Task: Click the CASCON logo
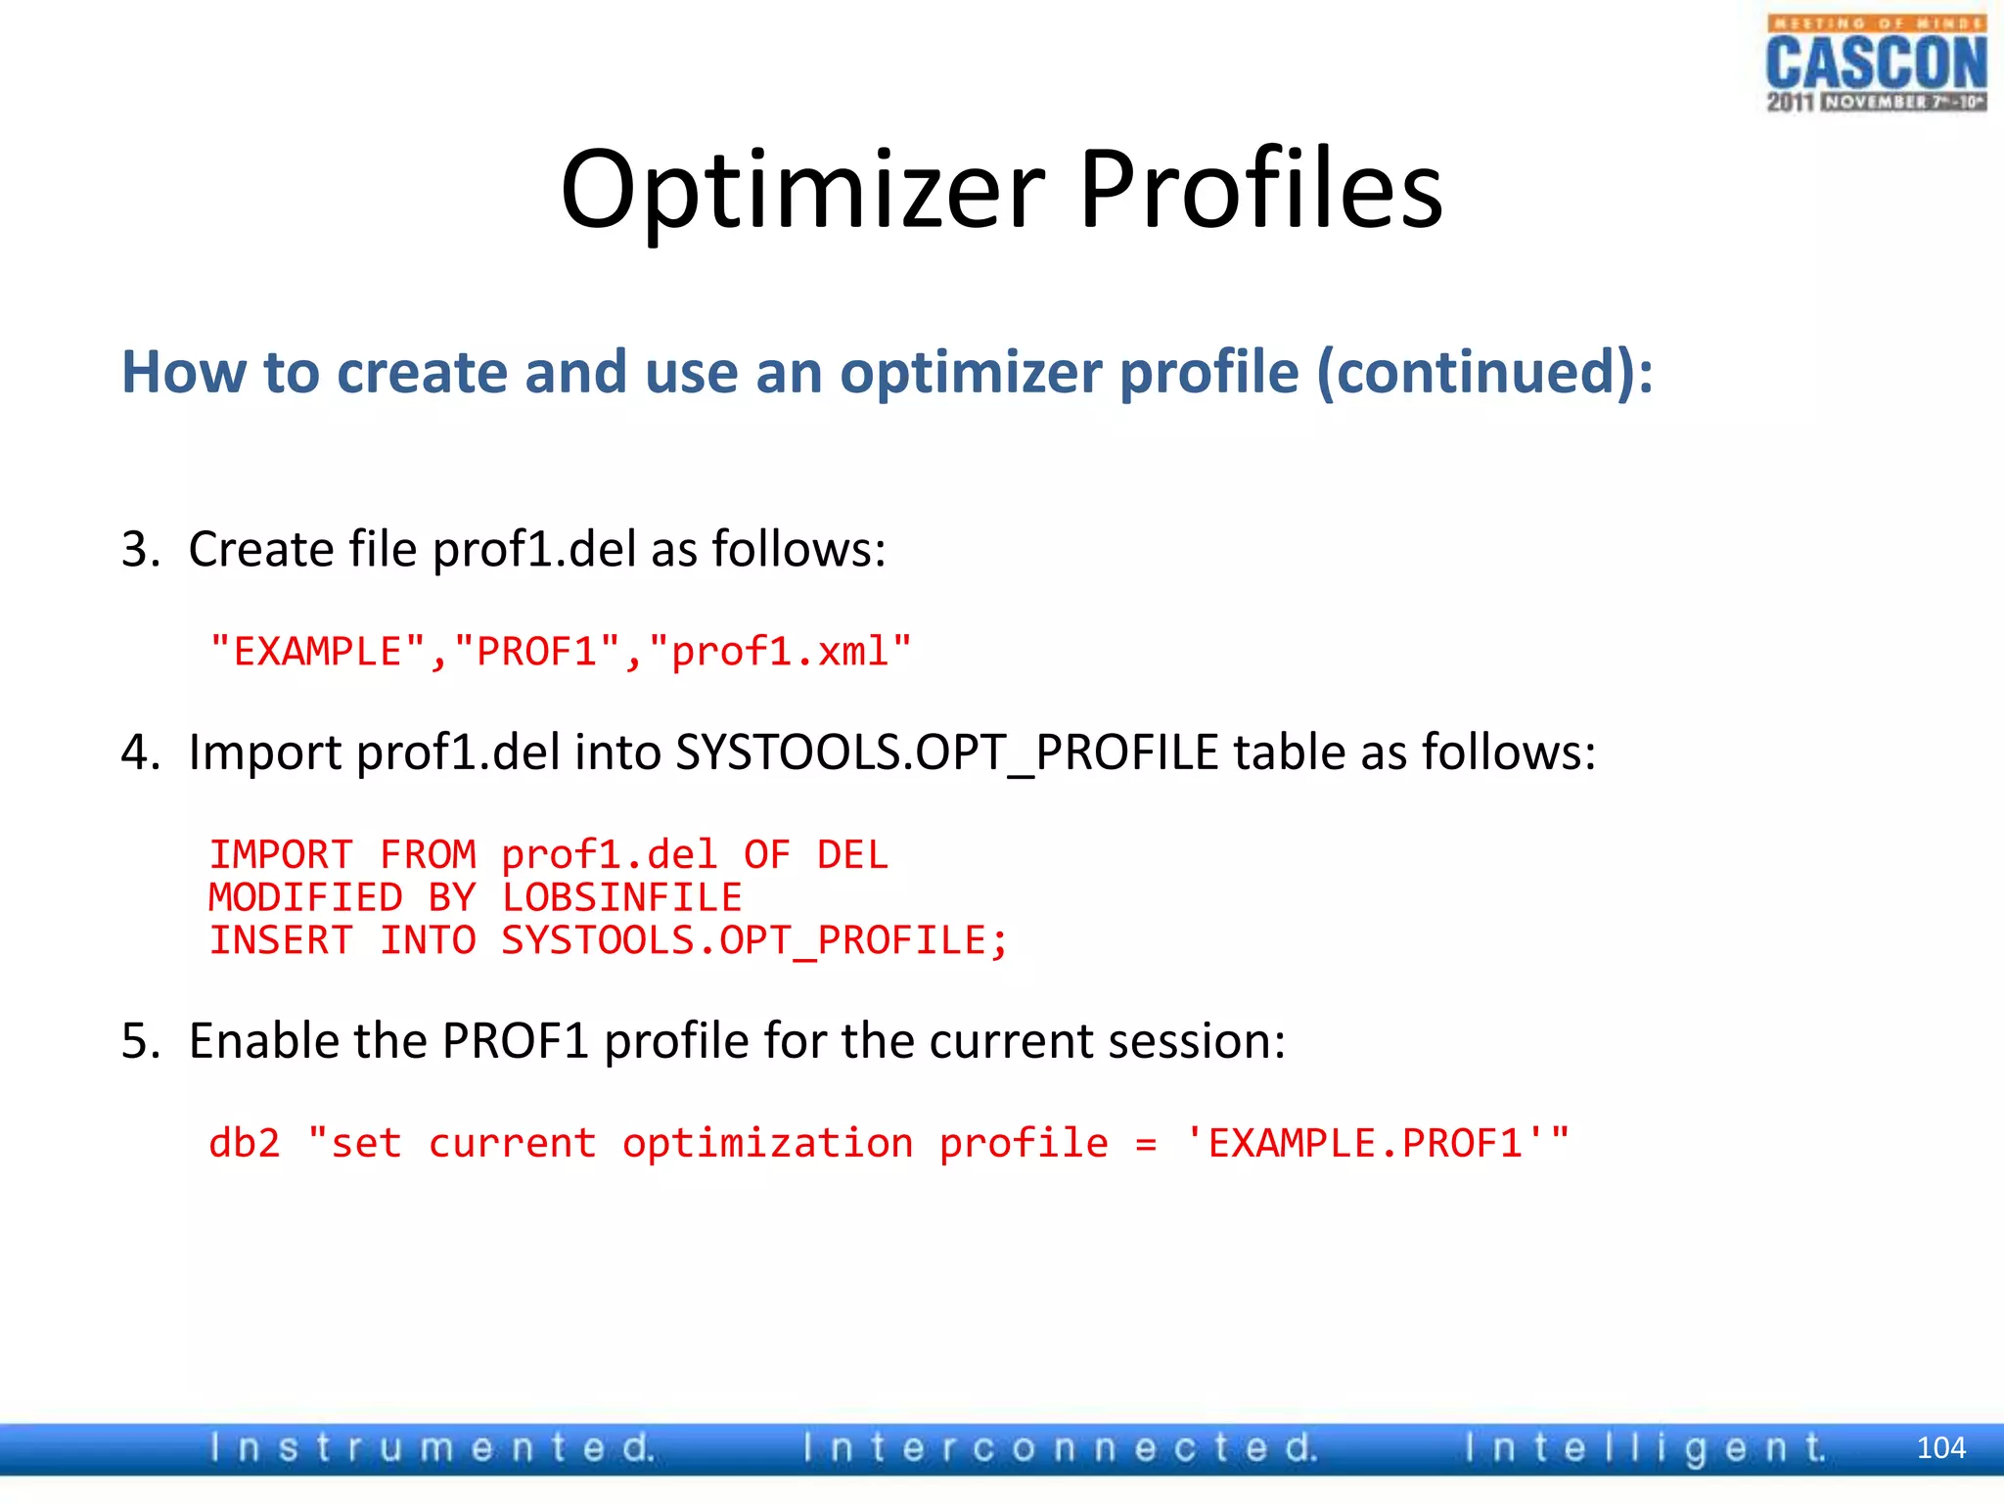(1876, 64)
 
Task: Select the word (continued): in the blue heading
(1484, 373)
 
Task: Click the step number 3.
(140, 549)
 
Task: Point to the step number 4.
(140, 753)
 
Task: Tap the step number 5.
(140, 1041)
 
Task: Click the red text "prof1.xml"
(780, 652)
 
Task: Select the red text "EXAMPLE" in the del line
(318, 652)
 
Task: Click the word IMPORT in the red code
(281, 855)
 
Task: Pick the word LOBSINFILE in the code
(621, 898)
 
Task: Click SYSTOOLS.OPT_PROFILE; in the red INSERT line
(753, 941)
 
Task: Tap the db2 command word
(245, 1144)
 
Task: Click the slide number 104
(1940, 1448)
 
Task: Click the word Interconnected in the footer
(1060, 1448)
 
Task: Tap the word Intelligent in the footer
(1645, 1448)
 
